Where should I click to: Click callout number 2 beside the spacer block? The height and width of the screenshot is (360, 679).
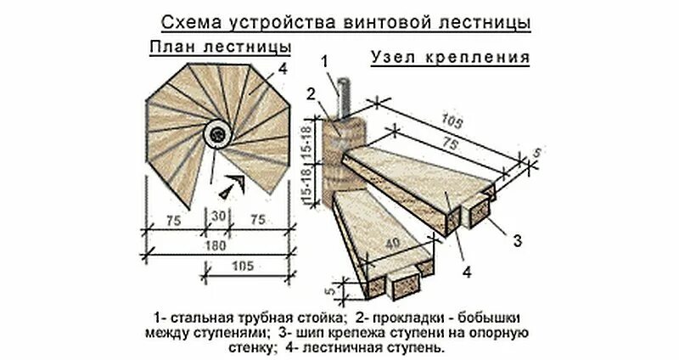[312, 93]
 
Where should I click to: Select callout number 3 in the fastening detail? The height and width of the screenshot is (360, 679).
[517, 241]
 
